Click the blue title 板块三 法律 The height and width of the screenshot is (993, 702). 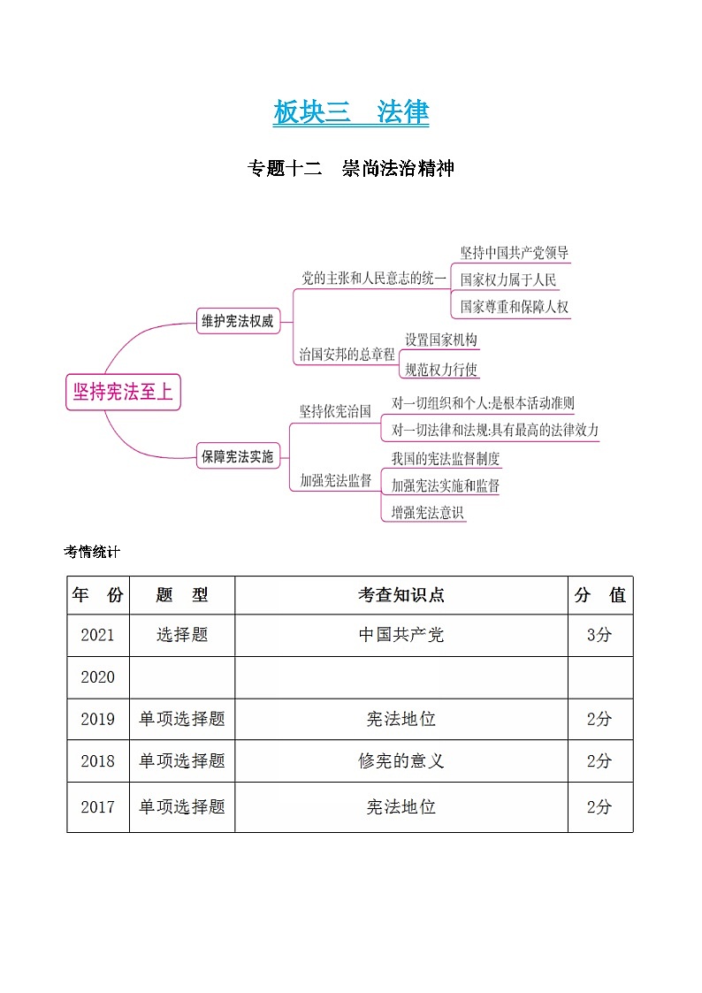pos(351,113)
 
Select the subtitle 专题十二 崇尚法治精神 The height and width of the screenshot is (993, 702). pos(351,168)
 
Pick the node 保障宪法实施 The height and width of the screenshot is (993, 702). pos(237,456)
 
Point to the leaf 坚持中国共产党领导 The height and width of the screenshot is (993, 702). pos(515,253)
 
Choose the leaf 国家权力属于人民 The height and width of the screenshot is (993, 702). pos(508,280)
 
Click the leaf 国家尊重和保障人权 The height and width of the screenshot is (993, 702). pos(515,308)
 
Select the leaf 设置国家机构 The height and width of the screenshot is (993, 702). pos(441,340)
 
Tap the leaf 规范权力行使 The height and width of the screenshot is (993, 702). pos(441,370)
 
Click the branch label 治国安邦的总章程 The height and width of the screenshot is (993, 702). pos(347,355)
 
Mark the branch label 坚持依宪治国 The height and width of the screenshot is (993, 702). pos(335,411)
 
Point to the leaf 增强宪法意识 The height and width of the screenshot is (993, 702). pos(427,512)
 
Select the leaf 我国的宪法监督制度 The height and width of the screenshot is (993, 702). pos(446,458)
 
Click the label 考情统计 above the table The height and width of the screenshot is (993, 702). pos(92,552)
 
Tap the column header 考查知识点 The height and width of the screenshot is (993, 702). pos(401,595)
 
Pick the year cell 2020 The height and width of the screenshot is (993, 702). pos(98,677)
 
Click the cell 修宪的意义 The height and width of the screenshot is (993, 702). pos(401,760)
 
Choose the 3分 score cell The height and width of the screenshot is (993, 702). pos(599,635)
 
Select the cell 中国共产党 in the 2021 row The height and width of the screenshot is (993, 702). pos(401,635)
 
